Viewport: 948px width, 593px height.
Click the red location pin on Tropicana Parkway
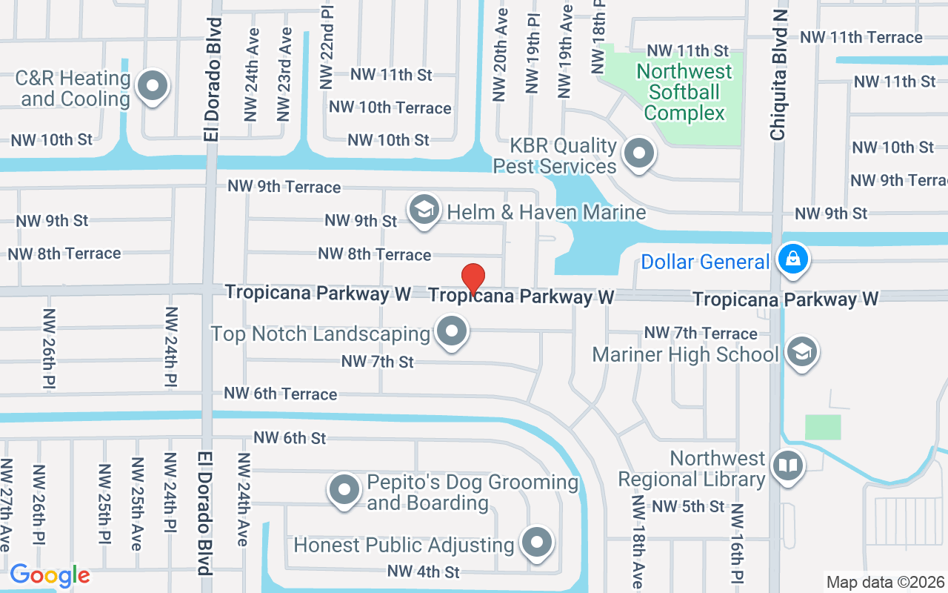(473, 279)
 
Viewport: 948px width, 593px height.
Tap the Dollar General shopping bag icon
(792, 259)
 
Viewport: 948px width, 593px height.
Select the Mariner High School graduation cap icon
(801, 352)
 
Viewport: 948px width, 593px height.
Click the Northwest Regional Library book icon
(787, 466)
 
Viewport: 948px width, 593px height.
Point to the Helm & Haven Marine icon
(424, 210)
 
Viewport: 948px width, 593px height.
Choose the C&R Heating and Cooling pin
(153, 85)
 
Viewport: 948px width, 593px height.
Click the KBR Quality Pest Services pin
(638, 154)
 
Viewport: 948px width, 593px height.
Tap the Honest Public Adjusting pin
(536, 543)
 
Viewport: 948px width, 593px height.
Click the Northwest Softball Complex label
(684, 92)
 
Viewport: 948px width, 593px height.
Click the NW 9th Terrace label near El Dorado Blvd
(284, 186)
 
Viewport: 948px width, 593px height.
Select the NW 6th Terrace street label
(281, 394)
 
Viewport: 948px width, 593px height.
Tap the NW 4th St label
(424, 572)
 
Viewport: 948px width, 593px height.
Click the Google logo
(50, 575)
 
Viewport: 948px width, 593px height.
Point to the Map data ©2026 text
(885, 583)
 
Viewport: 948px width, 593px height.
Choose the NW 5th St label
(688, 507)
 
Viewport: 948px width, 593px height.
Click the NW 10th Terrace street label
(390, 107)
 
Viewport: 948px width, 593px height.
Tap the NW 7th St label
(378, 362)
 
